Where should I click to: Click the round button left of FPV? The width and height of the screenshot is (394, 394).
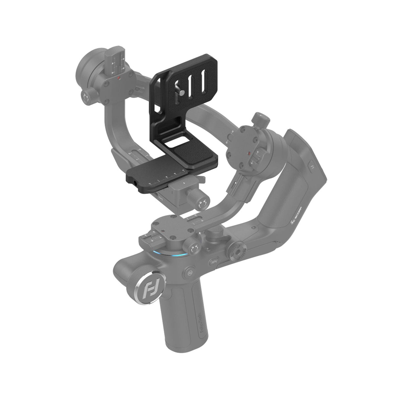(189, 273)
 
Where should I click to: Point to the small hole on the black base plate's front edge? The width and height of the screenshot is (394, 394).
(136, 181)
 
